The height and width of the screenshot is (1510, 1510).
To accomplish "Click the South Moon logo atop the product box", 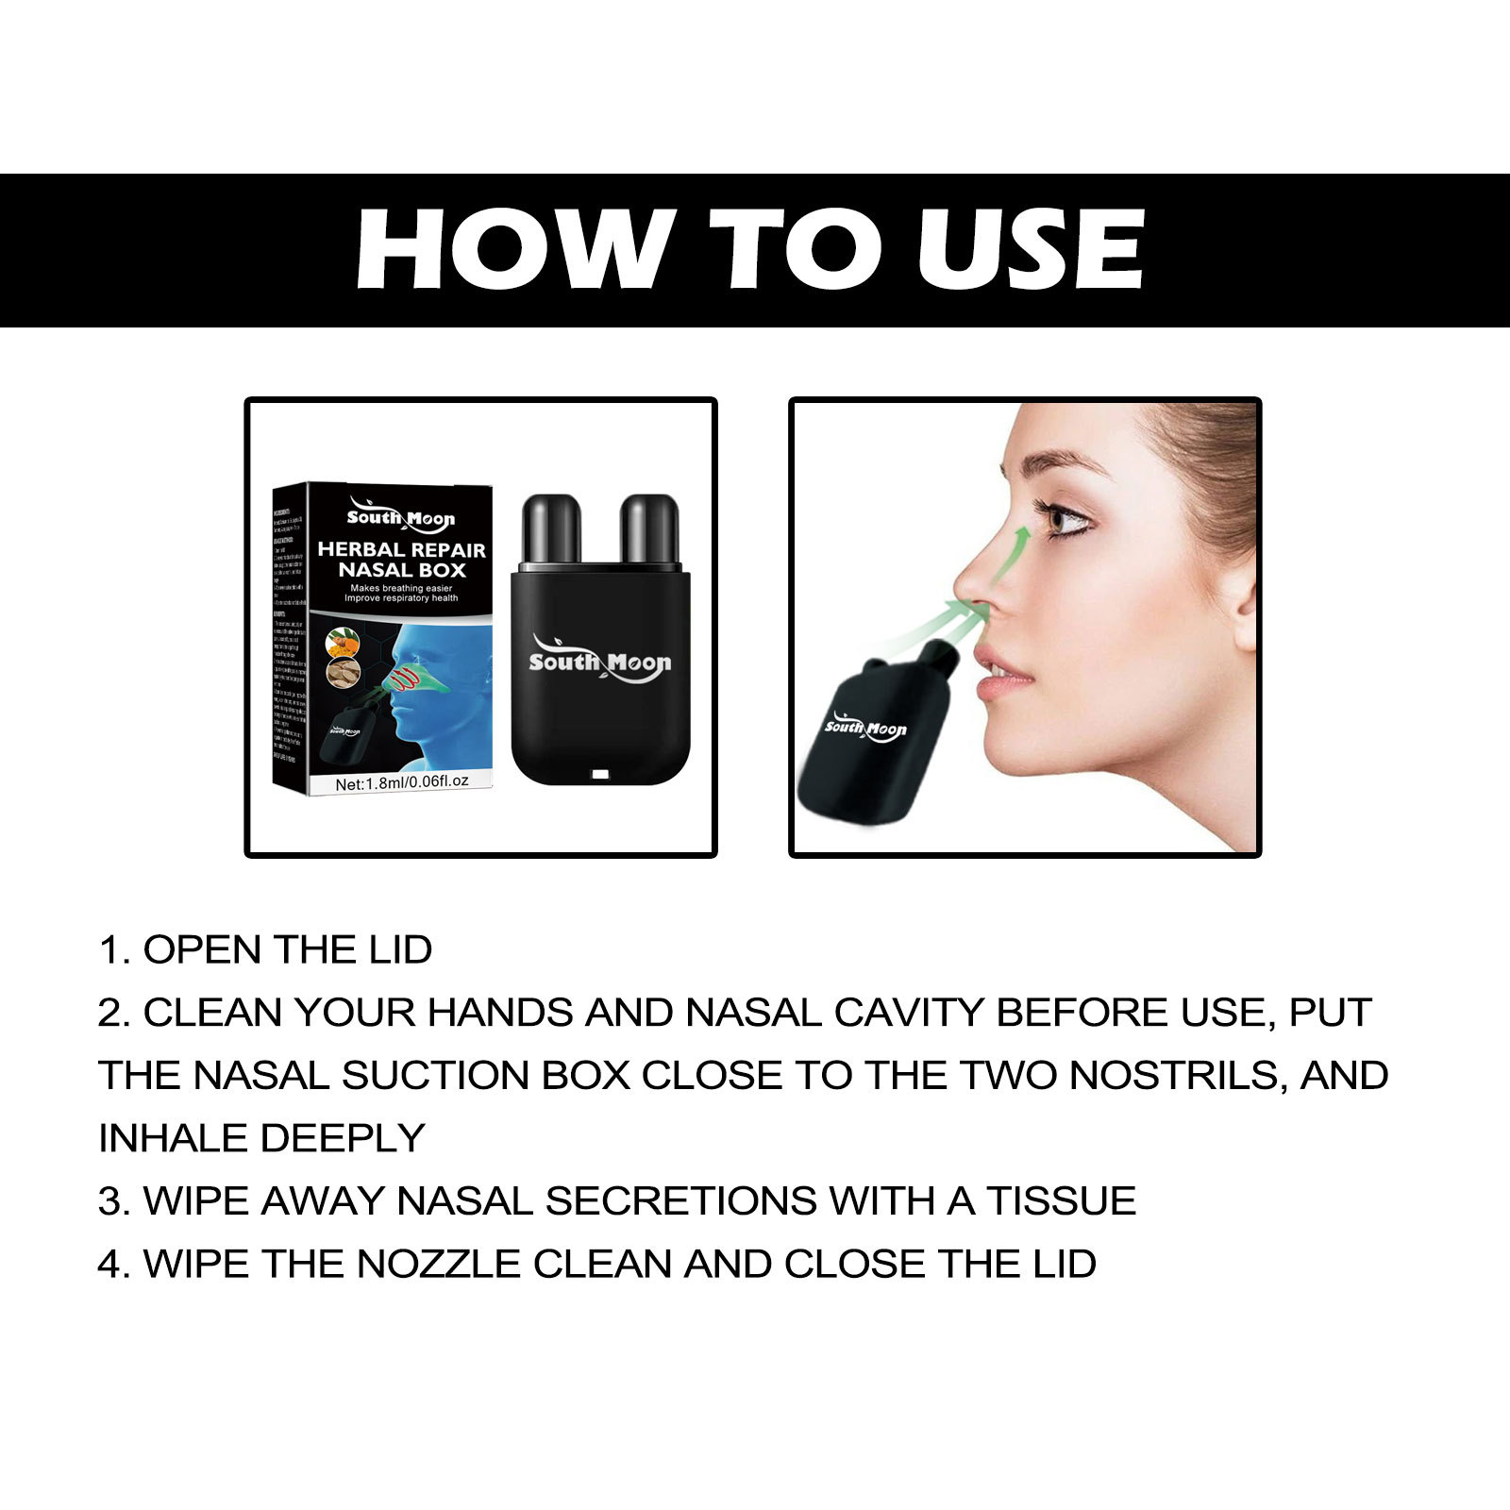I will [x=401, y=516].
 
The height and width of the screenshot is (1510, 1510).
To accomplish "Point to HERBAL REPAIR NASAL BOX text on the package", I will [x=401, y=559].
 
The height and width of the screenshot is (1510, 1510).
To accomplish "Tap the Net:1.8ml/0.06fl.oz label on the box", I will [x=401, y=782].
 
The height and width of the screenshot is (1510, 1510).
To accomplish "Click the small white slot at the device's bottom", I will [x=600, y=775].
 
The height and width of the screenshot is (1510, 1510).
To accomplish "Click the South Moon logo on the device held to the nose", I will [x=864, y=729].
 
